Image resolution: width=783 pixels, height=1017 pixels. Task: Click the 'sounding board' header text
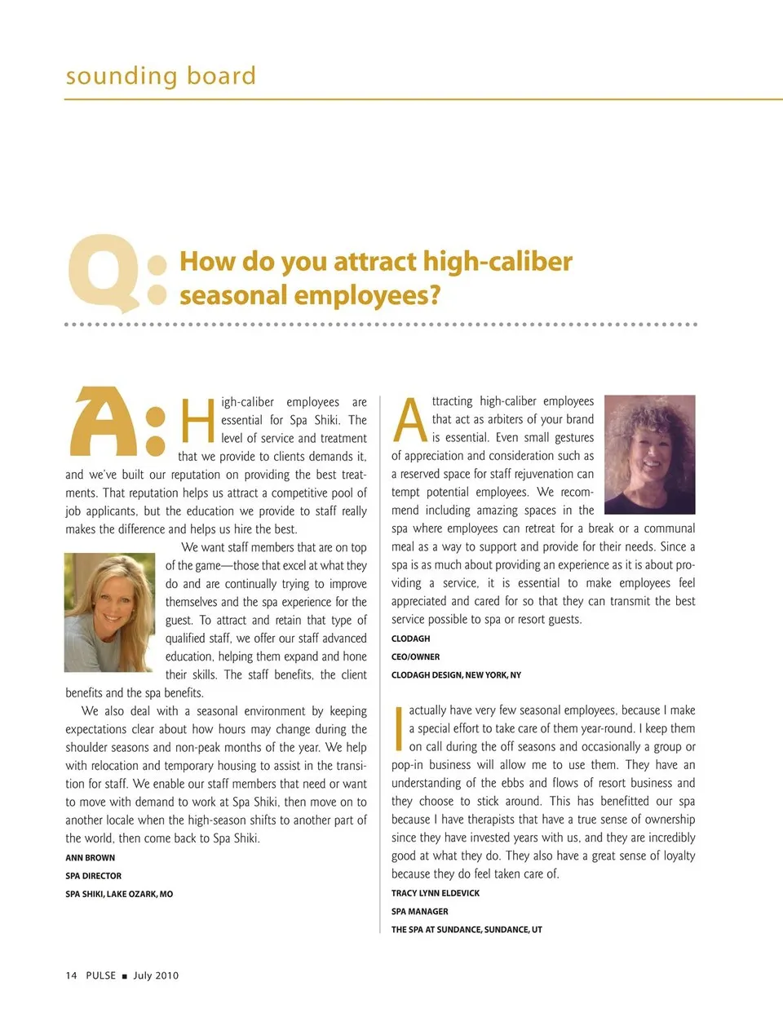click(x=161, y=76)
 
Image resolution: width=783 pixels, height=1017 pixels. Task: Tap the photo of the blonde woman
click(x=109, y=612)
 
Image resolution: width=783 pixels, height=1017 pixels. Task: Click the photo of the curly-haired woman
click(x=649, y=453)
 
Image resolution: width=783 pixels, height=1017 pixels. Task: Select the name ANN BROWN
click(x=91, y=858)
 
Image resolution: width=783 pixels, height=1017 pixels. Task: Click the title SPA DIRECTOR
click(x=94, y=876)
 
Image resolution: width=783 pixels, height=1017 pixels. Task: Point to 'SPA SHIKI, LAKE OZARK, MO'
click(x=119, y=894)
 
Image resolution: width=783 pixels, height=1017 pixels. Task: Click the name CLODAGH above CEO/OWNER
click(x=410, y=639)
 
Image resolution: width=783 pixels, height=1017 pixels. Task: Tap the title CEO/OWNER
click(x=415, y=657)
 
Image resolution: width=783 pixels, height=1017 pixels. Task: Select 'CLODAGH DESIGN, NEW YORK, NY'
click(x=456, y=675)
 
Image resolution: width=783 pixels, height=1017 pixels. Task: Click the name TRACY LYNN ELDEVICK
click(x=436, y=893)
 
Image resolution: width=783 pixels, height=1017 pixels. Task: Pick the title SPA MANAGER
click(x=420, y=912)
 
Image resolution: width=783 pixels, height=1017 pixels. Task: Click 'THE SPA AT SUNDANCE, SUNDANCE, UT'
click(x=467, y=930)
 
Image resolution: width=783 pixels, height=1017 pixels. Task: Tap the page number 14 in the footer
click(x=71, y=975)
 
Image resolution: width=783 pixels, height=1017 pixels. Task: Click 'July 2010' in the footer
click(x=156, y=975)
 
